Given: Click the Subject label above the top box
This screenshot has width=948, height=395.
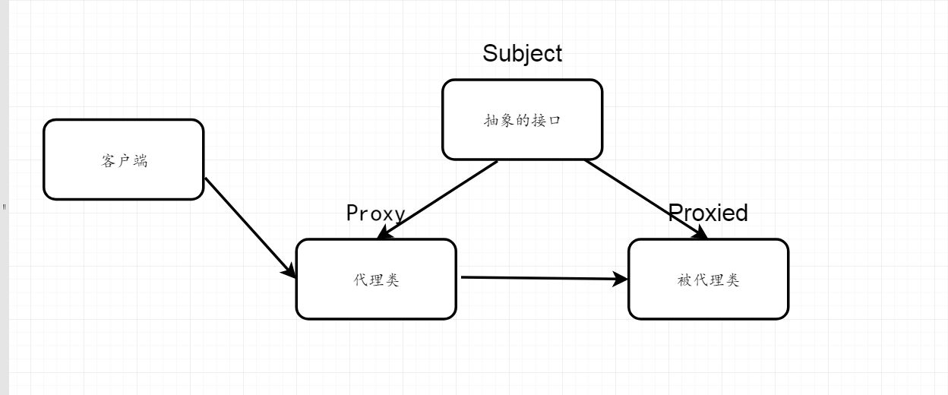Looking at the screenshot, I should pyautogui.click(x=523, y=53).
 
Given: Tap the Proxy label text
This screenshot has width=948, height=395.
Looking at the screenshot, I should pyautogui.click(x=375, y=213).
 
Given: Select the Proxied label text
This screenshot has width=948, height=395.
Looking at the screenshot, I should pyautogui.click(x=708, y=213).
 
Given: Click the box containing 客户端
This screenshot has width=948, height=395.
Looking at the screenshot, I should pyautogui.click(x=124, y=160).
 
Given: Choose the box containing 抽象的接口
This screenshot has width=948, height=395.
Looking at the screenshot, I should pyautogui.click(x=523, y=120).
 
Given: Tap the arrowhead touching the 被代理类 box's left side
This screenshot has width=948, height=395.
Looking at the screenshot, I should pyautogui.click(x=621, y=279).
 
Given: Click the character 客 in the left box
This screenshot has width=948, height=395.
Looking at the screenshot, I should pyautogui.click(x=108, y=161).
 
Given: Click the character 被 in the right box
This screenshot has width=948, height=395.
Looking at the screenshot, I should pyautogui.click(x=684, y=280).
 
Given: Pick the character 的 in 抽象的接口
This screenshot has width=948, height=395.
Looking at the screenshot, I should pyautogui.click(x=523, y=120).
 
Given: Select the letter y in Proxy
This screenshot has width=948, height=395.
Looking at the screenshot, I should pyautogui.click(x=399, y=215).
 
